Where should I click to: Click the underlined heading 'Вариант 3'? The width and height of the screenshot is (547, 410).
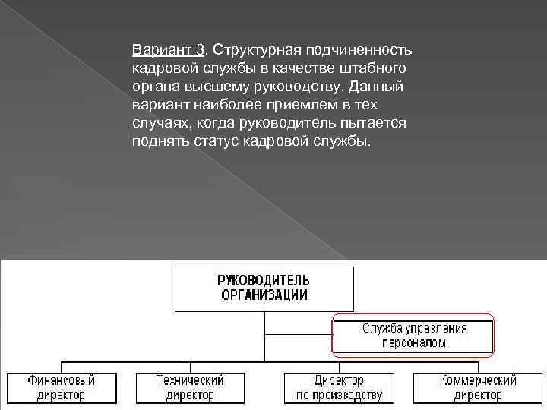(168, 50)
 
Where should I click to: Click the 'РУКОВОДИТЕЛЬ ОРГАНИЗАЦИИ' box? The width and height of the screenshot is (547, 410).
(264, 289)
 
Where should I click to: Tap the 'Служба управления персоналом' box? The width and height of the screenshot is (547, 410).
(413, 335)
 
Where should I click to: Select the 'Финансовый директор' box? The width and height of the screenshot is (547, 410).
(62, 387)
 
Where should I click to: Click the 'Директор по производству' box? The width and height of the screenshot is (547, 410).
(339, 387)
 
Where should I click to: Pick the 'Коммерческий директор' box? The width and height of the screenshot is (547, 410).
(478, 387)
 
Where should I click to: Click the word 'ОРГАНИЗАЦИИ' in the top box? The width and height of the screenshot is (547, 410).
(264, 295)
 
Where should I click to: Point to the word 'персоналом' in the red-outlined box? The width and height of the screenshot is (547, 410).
(413, 342)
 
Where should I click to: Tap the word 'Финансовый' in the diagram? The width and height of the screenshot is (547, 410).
(62, 380)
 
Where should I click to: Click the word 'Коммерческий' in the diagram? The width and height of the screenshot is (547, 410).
(478, 380)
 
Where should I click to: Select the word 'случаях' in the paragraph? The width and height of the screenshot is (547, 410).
(156, 123)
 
